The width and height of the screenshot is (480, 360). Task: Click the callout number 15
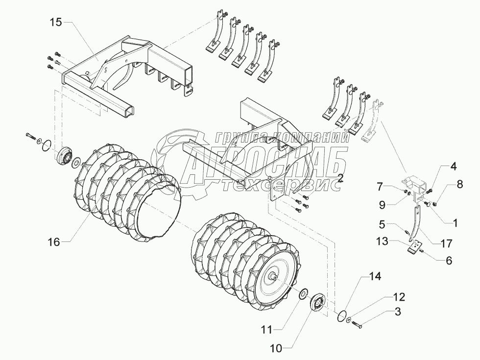[55, 23]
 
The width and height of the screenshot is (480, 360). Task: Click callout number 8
[459, 185]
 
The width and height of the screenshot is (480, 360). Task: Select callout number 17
[446, 243]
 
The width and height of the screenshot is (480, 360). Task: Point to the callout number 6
[448, 261]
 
